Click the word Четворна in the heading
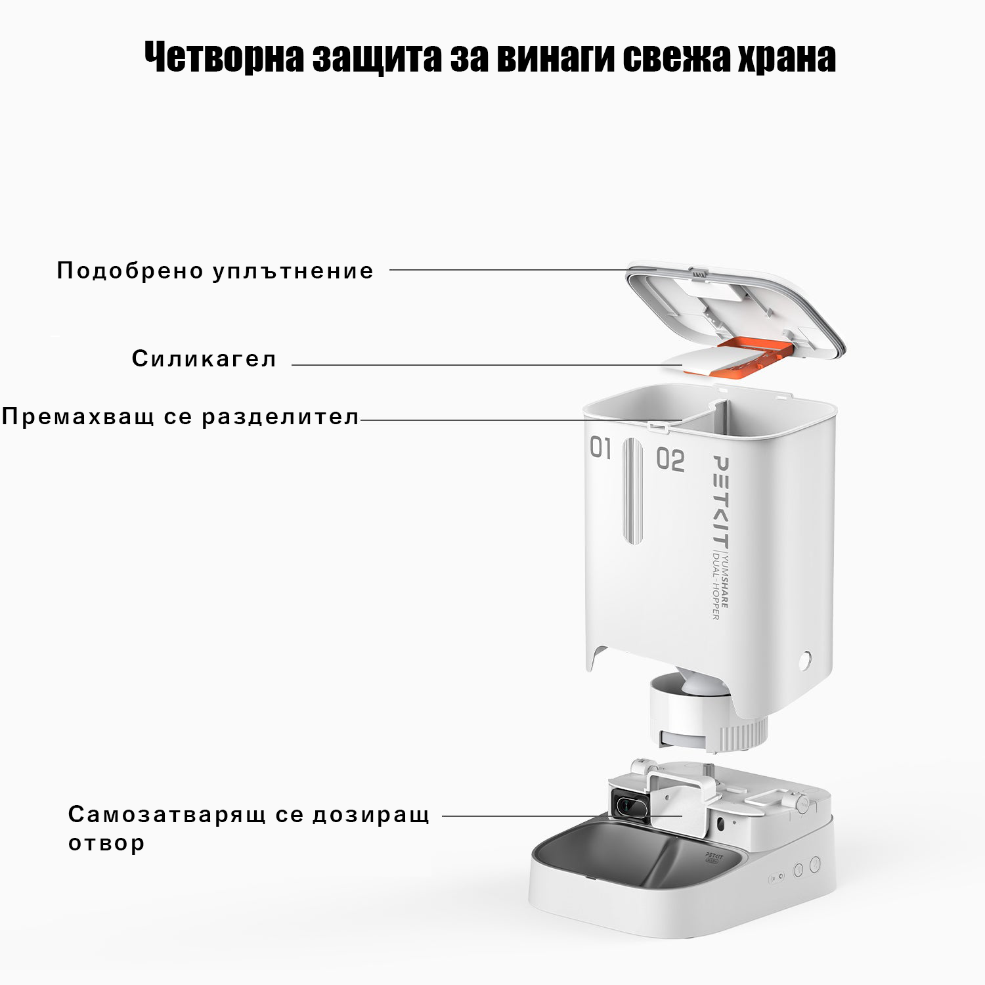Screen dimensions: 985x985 pos(224,58)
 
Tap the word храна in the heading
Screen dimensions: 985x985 pos(787,58)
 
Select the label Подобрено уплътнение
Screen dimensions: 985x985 pos(215,271)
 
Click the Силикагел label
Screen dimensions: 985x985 pos(204,359)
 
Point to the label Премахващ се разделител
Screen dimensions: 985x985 pos(181,417)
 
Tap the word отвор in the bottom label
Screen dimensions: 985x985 pos(106,843)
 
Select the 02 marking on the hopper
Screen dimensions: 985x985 pos(670,460)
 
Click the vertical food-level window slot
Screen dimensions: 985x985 pos(633,491)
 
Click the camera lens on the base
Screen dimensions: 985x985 pos(628,804)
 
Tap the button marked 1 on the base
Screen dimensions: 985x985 pos(799,870)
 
